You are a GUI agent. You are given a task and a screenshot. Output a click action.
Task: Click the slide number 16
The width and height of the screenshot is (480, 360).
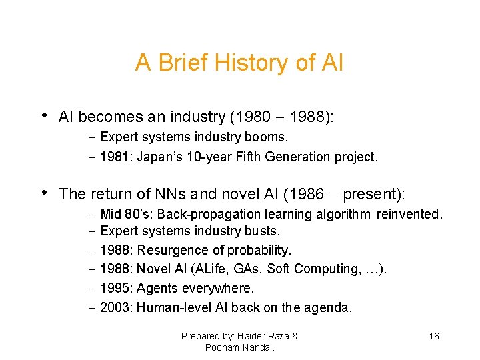coord(434,336)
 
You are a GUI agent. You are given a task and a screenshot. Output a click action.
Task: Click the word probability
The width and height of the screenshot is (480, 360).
coord(259,251)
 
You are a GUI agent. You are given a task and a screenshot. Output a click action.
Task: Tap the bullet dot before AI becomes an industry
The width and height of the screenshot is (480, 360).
coord(45,115)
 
